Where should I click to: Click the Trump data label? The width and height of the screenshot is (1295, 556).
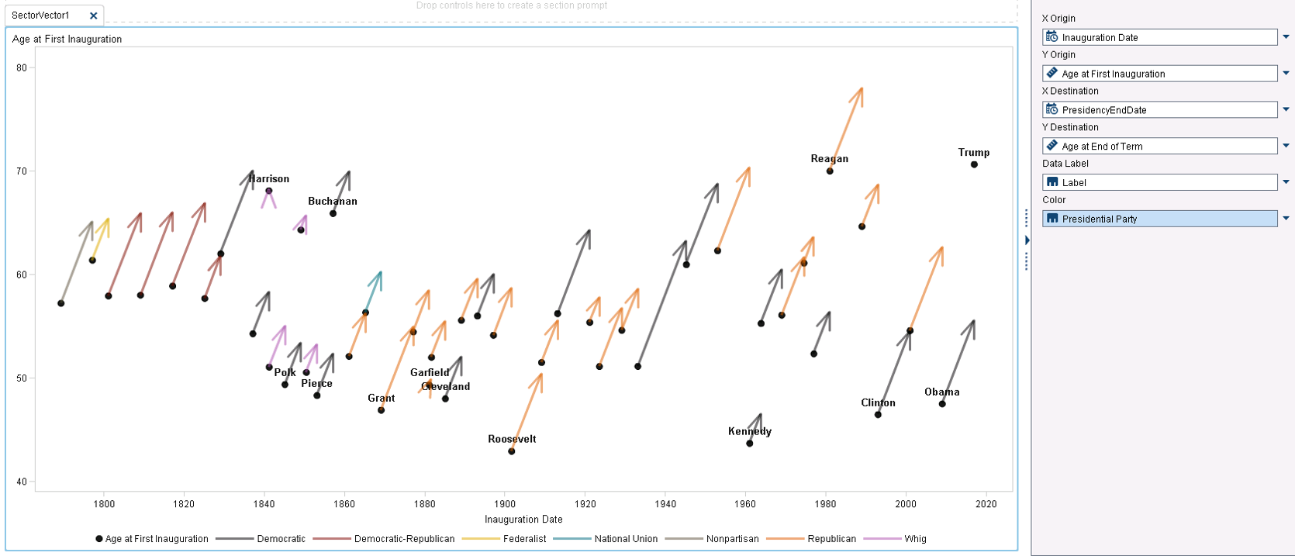click(x=973, y=153)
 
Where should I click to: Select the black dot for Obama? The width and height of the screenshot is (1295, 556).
click(x=942, y=404)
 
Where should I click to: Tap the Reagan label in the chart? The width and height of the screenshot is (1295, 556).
click(x=829, y=159)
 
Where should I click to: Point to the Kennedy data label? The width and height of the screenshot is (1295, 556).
click(x=749, y=431)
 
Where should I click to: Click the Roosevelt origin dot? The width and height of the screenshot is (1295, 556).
click(x=511, y=451)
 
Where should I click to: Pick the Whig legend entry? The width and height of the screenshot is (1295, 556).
click(x=915, y=539)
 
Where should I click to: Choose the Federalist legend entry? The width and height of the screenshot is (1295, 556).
click(x=524, y=539)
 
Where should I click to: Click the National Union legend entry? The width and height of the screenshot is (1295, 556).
click(x=625, y=539)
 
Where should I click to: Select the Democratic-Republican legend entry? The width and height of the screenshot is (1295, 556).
click(x=404, y=539)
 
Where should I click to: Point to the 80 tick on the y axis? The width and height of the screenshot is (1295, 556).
click(x=22, y=67)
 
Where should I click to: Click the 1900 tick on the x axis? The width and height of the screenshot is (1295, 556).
click(x=505, y=504)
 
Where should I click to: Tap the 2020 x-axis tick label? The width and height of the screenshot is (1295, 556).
click(x=986, y=504)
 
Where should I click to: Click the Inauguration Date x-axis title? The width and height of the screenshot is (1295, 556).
click(x=523, y=520)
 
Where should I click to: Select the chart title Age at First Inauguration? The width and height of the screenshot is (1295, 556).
click(x=67, y=39)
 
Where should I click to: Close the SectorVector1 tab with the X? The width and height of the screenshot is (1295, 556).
click(x=94, y=16)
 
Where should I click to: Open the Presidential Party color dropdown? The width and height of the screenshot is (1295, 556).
click(x=1286, y=219)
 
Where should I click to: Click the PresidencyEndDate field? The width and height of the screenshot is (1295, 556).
click(x=1159, y=110)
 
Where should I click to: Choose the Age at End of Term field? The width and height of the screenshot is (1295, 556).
click(x=1159, y=147)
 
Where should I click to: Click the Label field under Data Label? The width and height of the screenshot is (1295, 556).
click(x=1159, y=183)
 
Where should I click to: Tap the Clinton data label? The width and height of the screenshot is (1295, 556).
click(x=878, y=402)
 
